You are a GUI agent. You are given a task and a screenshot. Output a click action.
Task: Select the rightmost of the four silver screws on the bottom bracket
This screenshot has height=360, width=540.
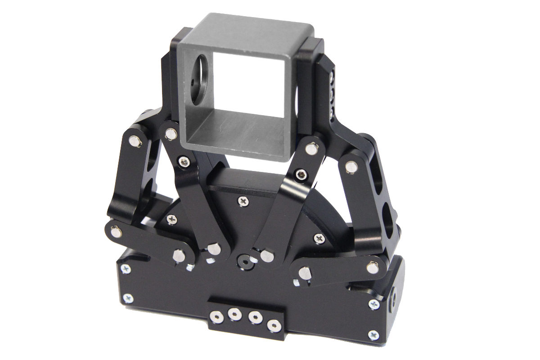(272, 324)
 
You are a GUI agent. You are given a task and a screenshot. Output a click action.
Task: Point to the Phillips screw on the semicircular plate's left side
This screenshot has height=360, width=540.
(171, 219)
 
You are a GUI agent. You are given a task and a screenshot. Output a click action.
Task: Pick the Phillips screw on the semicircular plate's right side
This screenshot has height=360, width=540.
(319, 238)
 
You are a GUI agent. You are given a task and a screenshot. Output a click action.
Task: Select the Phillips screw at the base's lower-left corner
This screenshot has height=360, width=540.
(129, 298)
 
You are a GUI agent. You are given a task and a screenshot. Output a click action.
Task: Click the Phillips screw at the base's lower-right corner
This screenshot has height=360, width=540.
(373, 334)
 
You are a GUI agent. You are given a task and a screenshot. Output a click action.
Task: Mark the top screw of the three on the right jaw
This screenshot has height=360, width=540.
(332, 78)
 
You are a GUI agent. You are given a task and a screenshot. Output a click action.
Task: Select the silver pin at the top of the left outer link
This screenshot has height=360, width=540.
(135, 141)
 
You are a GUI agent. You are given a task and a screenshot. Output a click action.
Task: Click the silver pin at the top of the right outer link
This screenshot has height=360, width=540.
(349, 166)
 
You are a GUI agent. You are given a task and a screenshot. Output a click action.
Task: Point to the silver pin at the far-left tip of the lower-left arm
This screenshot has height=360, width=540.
(115, 232)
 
